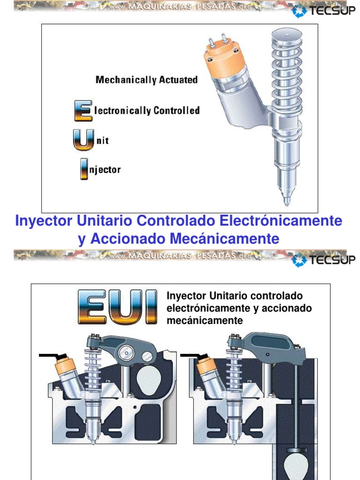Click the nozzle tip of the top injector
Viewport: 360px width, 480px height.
(286, 201)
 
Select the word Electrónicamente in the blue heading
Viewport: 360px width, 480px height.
(281, 221)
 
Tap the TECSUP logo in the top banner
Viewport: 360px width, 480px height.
(323, 11)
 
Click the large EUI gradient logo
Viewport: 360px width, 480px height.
(118, 307)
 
